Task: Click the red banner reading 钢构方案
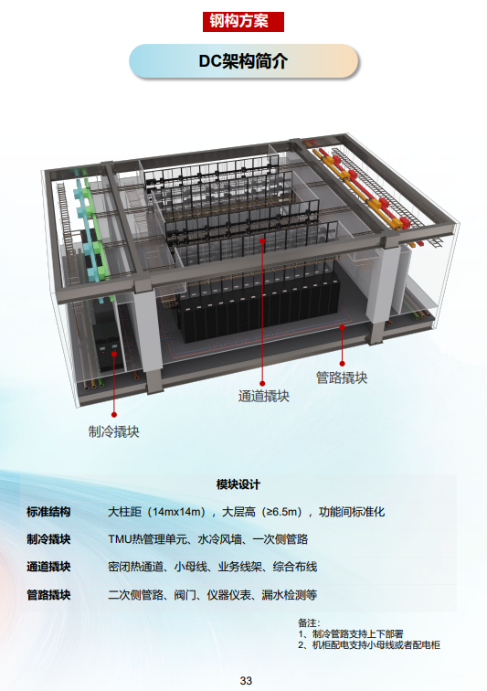click(243, 22)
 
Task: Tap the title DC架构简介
click(243, 61)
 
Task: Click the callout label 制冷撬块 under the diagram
click(113, 431)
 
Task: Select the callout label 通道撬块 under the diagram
click(263, 396)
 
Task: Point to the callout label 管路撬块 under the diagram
click(342, 377)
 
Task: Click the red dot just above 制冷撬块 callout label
click(114, 415)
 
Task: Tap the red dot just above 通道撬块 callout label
click(262, 383)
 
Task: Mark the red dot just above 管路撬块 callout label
click(342, 364)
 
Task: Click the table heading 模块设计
click(238, 484)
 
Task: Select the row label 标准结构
click(48, 512)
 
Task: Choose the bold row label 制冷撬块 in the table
click(48, 539)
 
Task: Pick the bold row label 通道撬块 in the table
click(48, 567)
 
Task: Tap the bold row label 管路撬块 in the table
click(48, 595)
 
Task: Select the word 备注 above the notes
click(307, 622)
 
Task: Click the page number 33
click(246, 680)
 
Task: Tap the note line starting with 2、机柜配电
click(369, 645)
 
